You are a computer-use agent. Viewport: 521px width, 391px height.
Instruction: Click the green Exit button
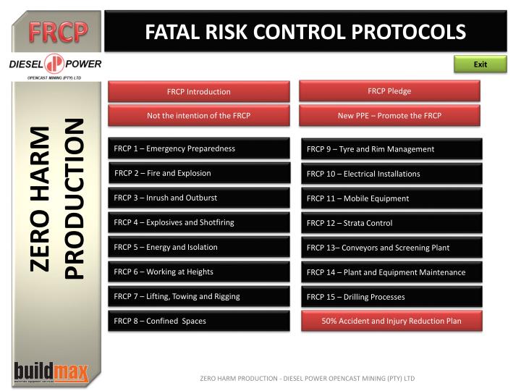coord(480,64)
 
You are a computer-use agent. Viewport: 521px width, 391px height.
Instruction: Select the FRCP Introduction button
coord(198,91)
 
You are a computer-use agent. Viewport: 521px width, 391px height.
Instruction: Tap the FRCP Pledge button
coord(389,91)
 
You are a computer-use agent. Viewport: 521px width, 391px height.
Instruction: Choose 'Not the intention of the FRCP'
coord(198,115)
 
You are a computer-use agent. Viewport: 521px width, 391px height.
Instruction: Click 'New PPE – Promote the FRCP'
coord(389,115)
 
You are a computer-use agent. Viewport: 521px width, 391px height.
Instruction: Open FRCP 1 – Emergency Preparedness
coord(198,148)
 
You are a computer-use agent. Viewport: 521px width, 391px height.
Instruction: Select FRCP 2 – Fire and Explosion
coord(198,173)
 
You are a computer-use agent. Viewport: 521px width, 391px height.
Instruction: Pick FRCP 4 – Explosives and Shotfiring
coord(198,222)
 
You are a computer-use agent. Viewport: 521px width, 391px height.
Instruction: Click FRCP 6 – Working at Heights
coord(198,272)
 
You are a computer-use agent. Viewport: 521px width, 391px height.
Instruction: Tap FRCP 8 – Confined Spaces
coord(198,321)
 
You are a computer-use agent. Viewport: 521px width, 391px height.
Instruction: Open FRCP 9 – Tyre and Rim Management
coord(391,148)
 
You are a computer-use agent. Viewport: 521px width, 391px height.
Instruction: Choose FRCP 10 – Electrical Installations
coord(391,174)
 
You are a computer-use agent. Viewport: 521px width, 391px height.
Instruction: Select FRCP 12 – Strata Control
coord(391,223)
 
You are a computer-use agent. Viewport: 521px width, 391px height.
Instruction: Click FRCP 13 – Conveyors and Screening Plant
coord(391,248)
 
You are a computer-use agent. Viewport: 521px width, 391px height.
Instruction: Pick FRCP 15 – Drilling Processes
coord(391,297)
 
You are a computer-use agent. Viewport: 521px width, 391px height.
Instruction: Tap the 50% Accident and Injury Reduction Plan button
coord(391,321)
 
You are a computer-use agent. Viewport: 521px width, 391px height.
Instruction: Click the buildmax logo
coord(51,371)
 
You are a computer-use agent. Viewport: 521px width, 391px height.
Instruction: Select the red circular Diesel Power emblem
coord(55,64)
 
